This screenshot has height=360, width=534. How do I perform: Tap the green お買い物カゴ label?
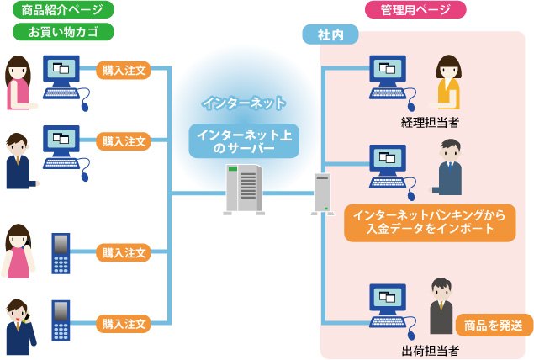click(63, 32)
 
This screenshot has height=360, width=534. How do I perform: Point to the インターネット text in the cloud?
click(243, 103)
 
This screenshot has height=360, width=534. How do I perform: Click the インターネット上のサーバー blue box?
click(244, 140)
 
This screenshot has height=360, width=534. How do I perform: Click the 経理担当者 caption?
click(431, 123)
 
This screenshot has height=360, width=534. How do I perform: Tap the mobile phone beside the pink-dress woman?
click(61, 252)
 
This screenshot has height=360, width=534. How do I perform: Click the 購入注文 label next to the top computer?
click(124, 71)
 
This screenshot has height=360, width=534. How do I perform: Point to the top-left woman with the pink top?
click(19, 82)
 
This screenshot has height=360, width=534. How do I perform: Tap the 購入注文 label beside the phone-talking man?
click(124, 323)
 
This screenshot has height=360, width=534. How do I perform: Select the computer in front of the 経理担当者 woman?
click(388, 78)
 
